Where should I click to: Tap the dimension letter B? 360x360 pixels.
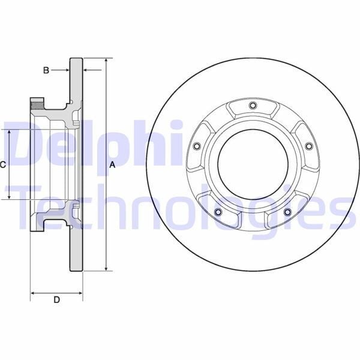pos(46,70)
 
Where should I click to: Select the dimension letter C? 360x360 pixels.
pos(3,164)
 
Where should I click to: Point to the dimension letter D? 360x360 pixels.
pos(56,300)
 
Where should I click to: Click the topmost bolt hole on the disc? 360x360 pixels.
pos(252,106)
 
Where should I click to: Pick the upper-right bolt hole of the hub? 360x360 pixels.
pos(308,146)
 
